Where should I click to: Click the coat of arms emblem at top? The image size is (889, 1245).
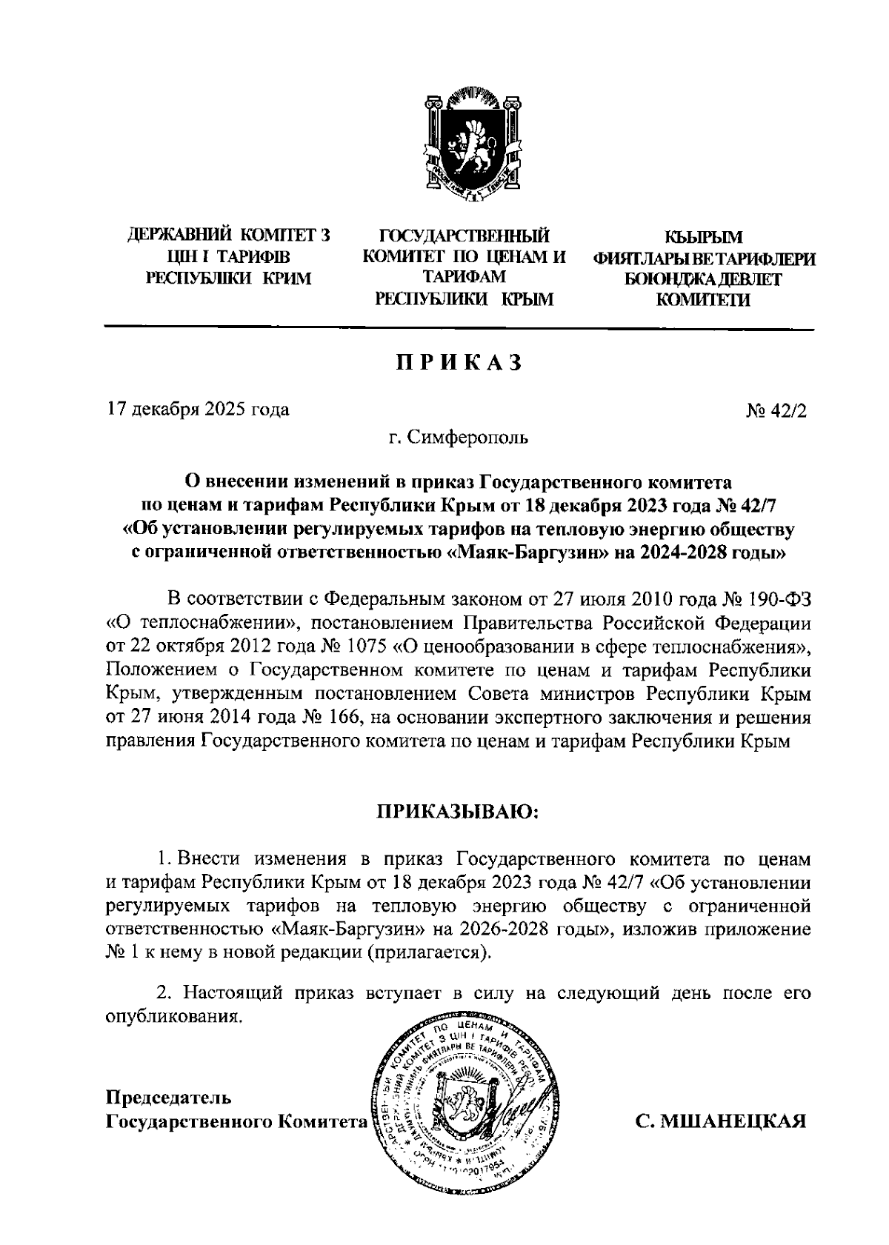coord(466,145)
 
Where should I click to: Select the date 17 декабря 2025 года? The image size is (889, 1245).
coord(199,409)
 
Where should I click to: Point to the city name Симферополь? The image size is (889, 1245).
coord(470,438)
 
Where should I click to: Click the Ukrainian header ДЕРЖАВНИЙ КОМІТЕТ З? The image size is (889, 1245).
coord(229,236)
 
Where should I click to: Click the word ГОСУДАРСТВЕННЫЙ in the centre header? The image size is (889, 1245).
coord(465,236)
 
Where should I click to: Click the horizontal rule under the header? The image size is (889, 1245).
coord(459,328)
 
